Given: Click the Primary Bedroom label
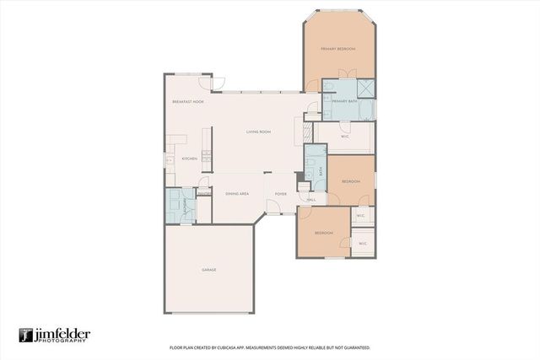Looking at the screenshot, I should pos(339,49).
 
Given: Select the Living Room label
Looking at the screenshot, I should pos(257,132).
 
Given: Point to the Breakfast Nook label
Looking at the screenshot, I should pos(188,102).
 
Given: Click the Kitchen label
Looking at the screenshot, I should pos(189,159).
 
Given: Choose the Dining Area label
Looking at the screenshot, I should pos(236,194).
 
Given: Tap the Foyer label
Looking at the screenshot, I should pos(280,194).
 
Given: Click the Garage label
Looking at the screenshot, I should pos(208,270).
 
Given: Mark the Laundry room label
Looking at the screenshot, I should pos(174,205).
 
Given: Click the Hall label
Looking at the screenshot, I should pos(310,200).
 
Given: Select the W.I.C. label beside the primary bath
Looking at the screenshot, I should pos(345,135).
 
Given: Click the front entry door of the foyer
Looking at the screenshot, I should pos(274,207).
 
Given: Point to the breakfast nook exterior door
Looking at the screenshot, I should pos(218,83).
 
